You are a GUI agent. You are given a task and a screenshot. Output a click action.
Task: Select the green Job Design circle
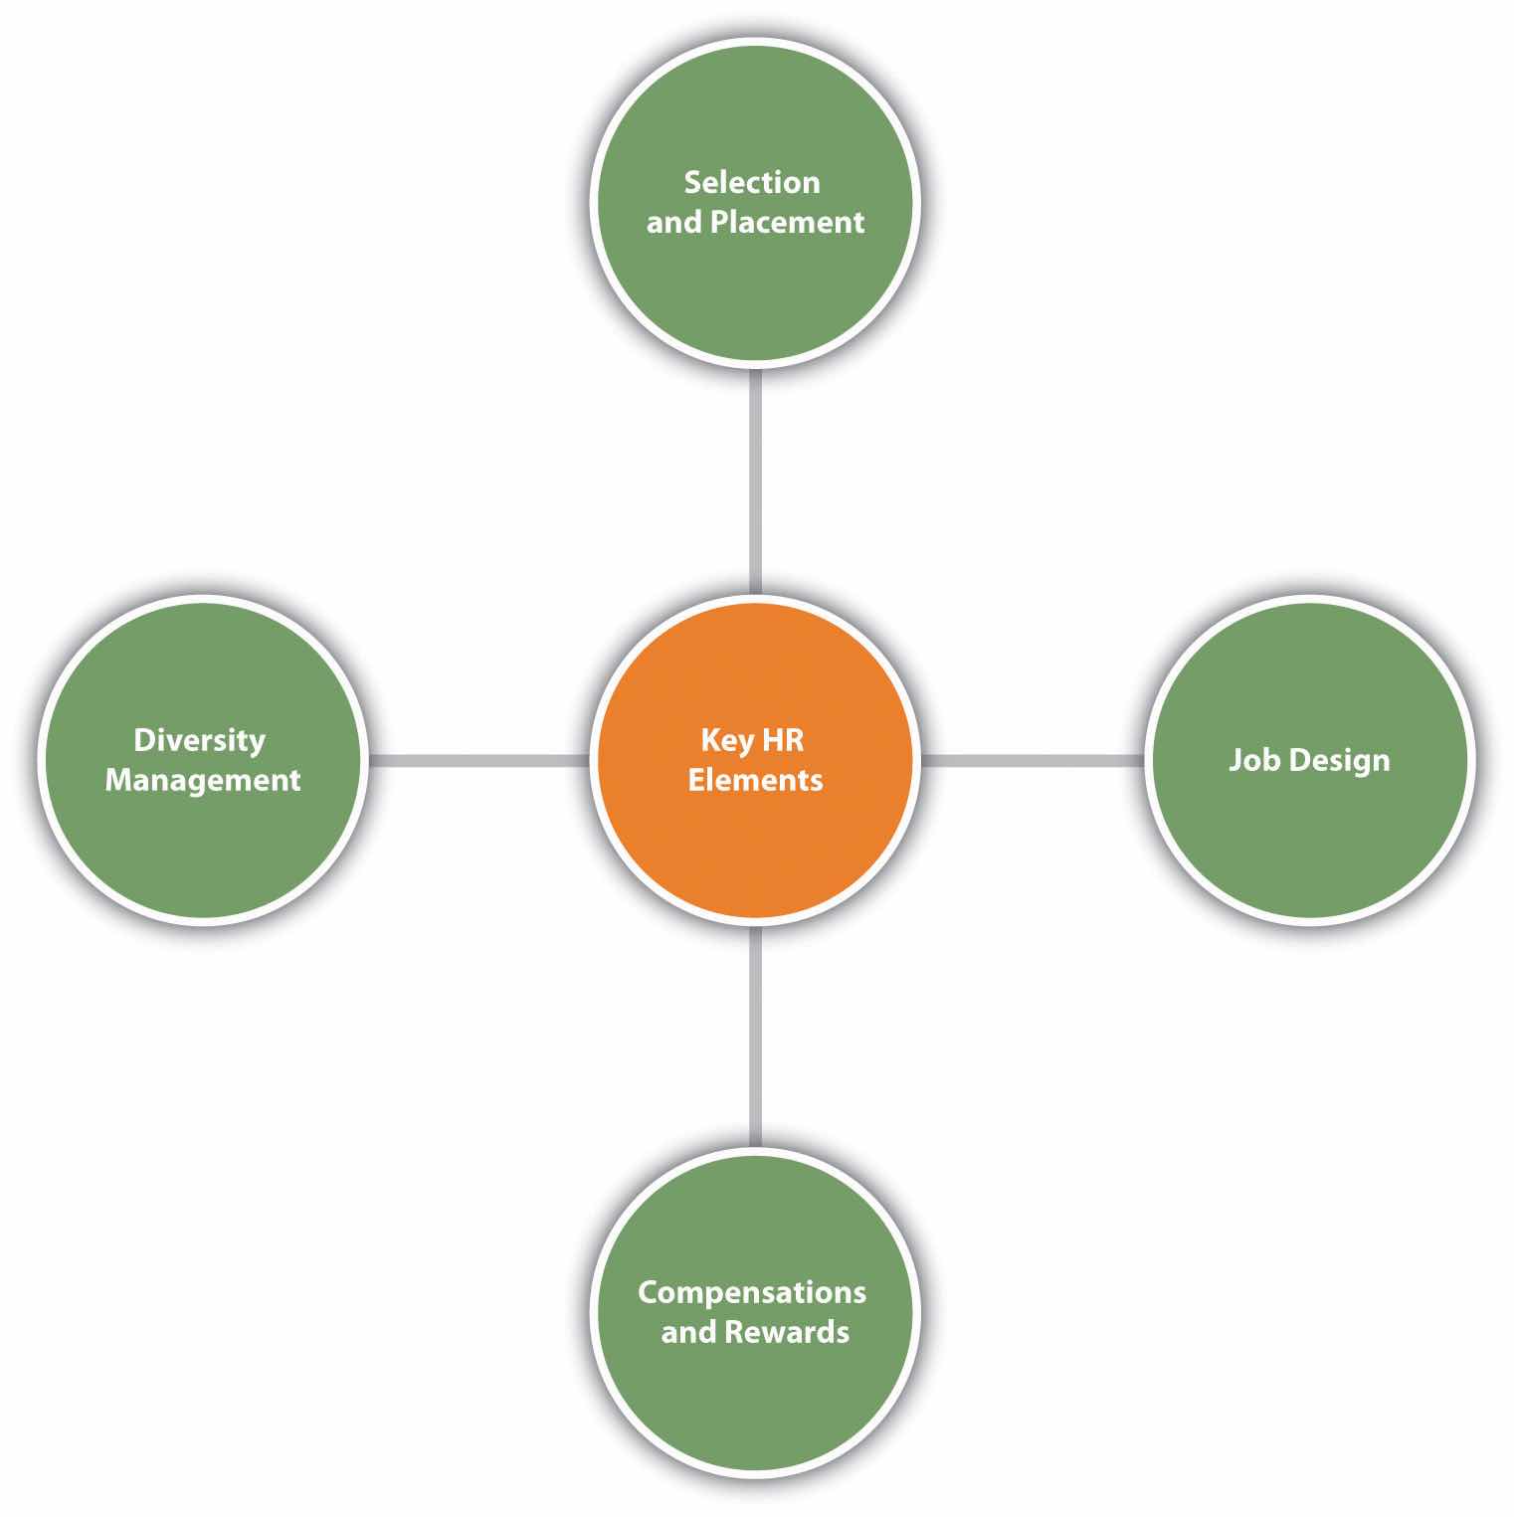(1309, 836)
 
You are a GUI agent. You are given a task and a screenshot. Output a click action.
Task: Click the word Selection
(752, 182)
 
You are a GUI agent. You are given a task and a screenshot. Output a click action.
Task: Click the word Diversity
(200, 740)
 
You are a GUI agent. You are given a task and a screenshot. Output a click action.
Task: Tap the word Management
(203, 780)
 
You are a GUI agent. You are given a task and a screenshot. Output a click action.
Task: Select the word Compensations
(752, 1292)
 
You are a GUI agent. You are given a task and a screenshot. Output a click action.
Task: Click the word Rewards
(787, 1332)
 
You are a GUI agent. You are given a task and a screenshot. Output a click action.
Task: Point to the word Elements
(755, 780)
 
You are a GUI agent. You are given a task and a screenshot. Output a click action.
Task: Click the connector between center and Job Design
(1032, 761)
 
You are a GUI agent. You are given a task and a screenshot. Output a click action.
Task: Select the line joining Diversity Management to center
(478, 761)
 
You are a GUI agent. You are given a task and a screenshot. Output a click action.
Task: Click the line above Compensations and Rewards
(756, 1035)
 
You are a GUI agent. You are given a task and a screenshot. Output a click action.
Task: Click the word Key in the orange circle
(727, 741)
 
